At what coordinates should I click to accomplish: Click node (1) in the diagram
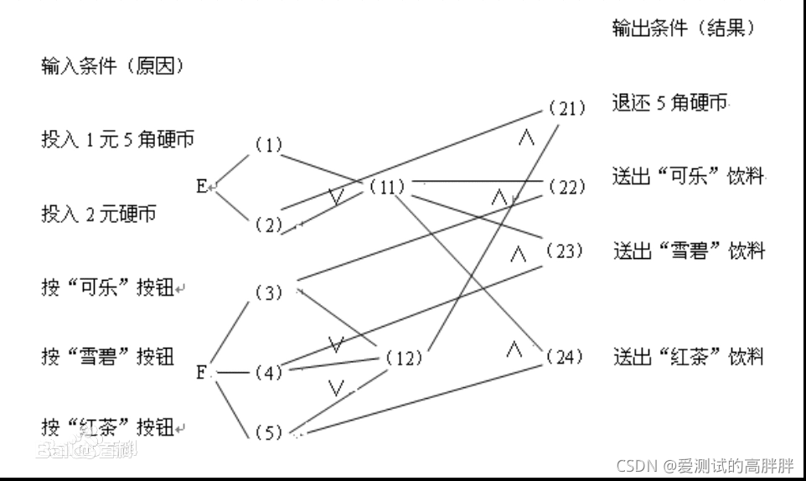pyautogui.click(x=269, y=145)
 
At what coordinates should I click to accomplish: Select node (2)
pyautogui.click(x=269, y=224)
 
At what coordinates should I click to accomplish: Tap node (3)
pyautogui.click(x=269, y=293)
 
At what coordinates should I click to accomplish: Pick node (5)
pyautogui.click(x=269, y=433)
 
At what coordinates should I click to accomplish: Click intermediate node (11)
pyautogui.click(x=387, y=187)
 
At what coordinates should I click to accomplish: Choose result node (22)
pyautogui.click(x=566, y=188)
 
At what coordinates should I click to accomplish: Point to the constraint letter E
pyautogui.click(x=202, y=186)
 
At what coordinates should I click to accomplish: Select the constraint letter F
pyautogui.click(x=202, y=372)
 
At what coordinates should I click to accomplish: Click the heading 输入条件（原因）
pyautogui.click(x=112, y=66)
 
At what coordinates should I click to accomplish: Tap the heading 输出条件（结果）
pyautogui.click(x=685, y=28)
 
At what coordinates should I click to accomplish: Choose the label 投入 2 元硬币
pyautogui.click(x=98, y=214)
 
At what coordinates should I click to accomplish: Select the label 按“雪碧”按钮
pyautogui.click(x=107, y=356)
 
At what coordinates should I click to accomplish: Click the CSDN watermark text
pyautogui.click(x=705, y=465)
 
